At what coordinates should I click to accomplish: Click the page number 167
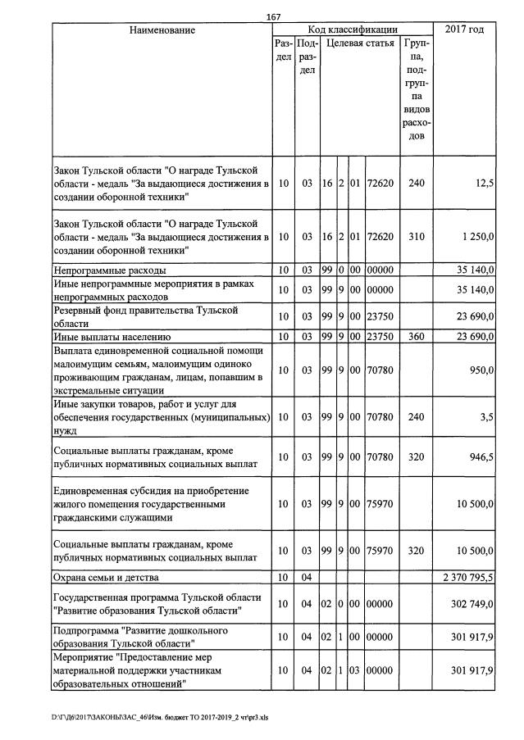coord(275,17)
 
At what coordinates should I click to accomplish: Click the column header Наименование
coord(162,30)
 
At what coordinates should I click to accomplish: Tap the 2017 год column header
coord(463,30)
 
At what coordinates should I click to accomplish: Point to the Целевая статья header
coord(361,43)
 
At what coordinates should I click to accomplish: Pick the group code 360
coord(417,336)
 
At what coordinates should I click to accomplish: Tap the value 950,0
coord(481,370)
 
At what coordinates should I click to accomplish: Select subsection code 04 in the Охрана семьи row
coord(307,578)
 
